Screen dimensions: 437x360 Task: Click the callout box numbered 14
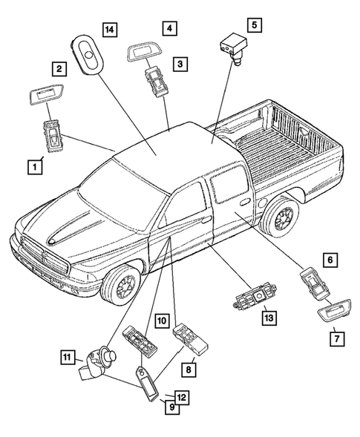(x=110, y=30)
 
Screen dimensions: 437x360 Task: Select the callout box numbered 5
(x=254, y=25)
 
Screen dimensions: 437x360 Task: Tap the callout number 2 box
(x=57, y=70)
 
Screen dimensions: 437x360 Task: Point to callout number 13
(x=268, y=318)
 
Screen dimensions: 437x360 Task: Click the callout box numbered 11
(x=68, y=358)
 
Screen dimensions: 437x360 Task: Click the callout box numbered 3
(x=180, y=65)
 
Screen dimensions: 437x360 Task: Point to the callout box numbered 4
(x=170, y=30)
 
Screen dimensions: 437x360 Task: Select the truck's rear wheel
(x=282, y=219)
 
